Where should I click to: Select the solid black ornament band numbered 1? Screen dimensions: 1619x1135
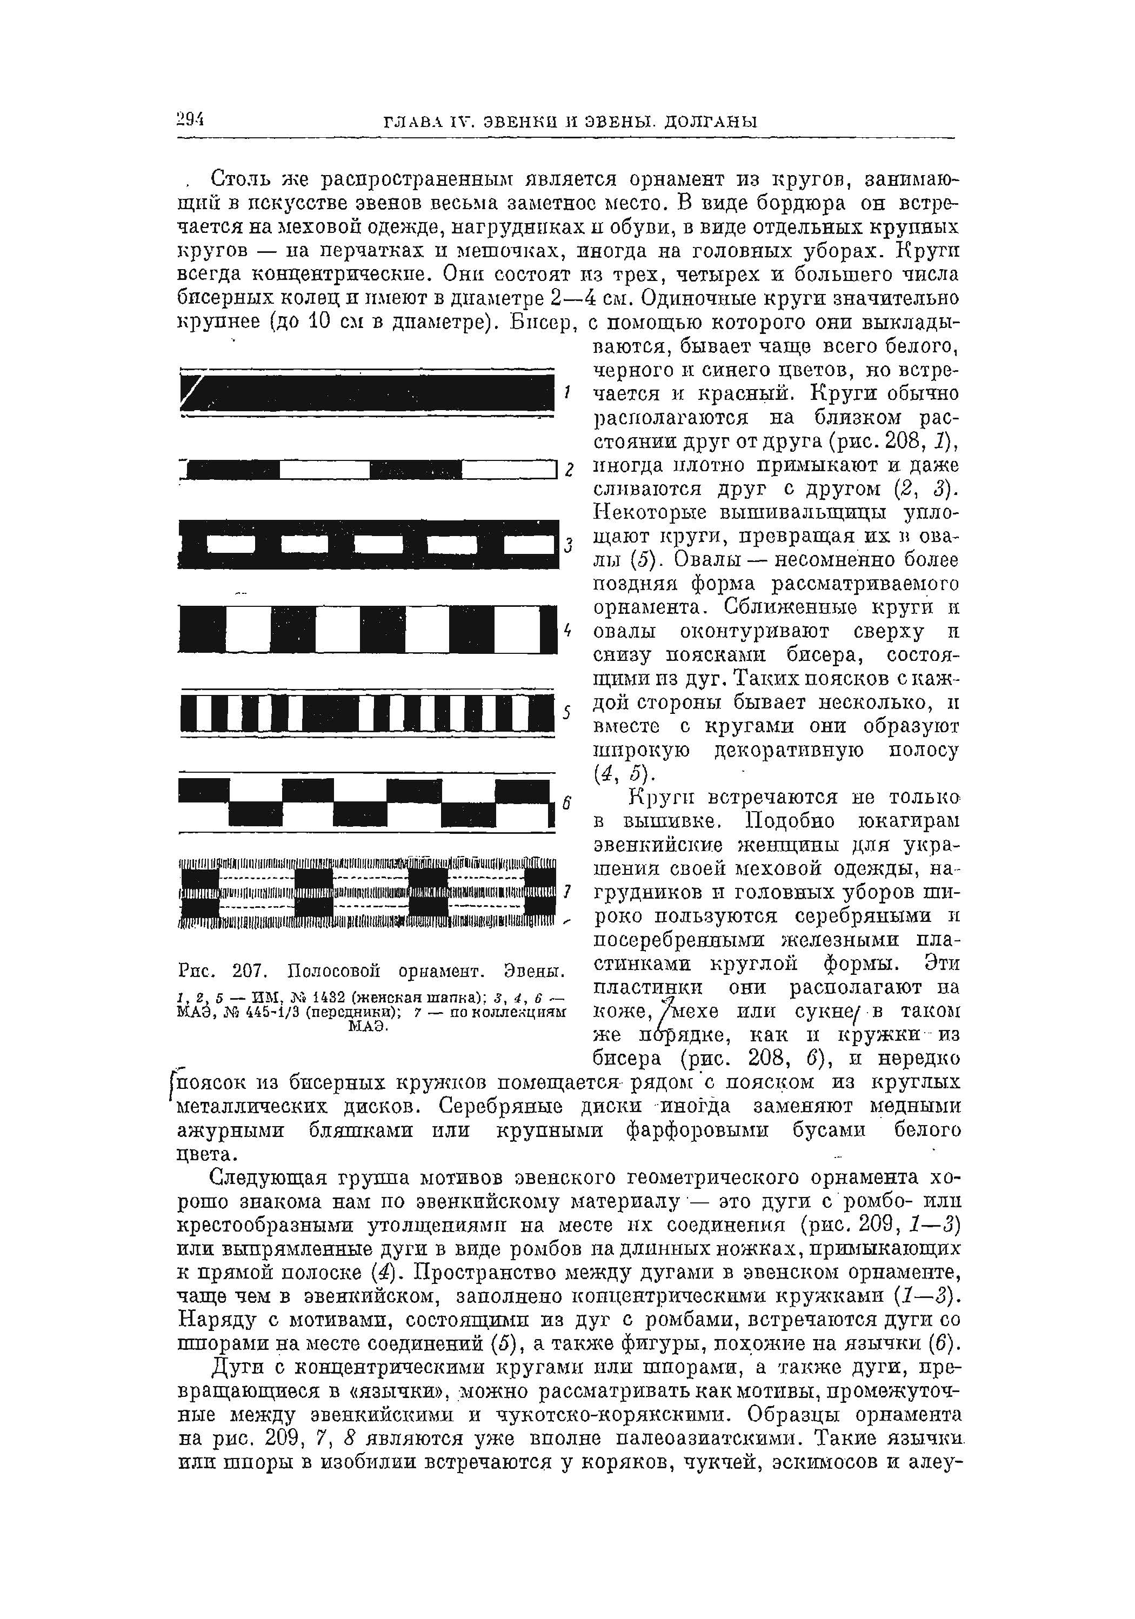click(x=367, y=392)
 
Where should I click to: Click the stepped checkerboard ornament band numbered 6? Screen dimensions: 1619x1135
click(x=365, y=802)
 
